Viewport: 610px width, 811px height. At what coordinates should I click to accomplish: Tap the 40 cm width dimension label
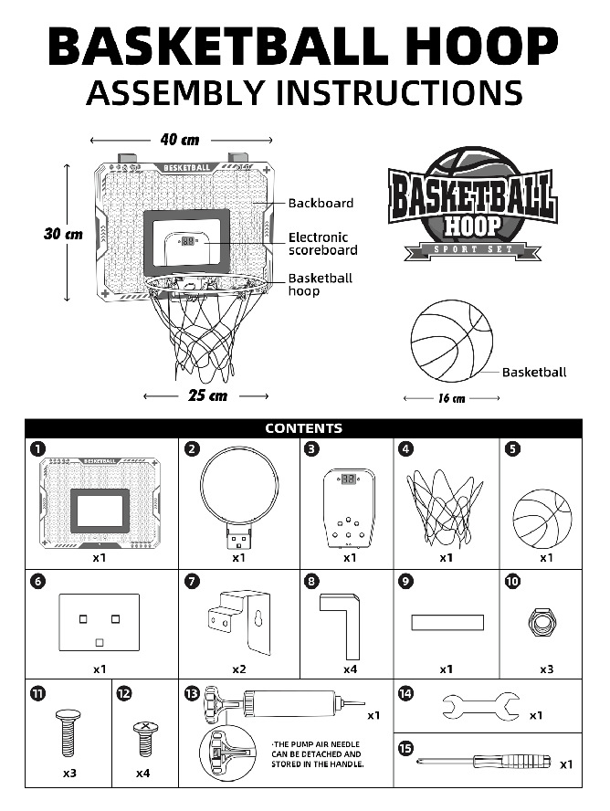coord(180,140)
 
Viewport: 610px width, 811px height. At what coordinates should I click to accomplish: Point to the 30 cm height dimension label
coord(63,234)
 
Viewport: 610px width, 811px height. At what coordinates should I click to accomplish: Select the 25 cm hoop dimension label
coord(207,395)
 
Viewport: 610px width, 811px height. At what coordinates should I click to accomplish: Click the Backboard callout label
coord(321,203)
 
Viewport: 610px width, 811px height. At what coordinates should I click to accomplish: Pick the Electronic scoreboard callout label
coord(323,243)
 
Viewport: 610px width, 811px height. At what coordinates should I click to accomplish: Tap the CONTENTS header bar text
coord(304,427)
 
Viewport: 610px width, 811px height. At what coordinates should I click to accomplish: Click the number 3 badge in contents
coord(312,448)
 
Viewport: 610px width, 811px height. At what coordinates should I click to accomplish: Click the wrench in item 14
coord(479,704)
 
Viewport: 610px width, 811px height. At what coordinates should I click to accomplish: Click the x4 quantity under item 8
coord(350,669)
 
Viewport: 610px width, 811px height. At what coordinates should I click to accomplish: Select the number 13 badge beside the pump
coord(191,693)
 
